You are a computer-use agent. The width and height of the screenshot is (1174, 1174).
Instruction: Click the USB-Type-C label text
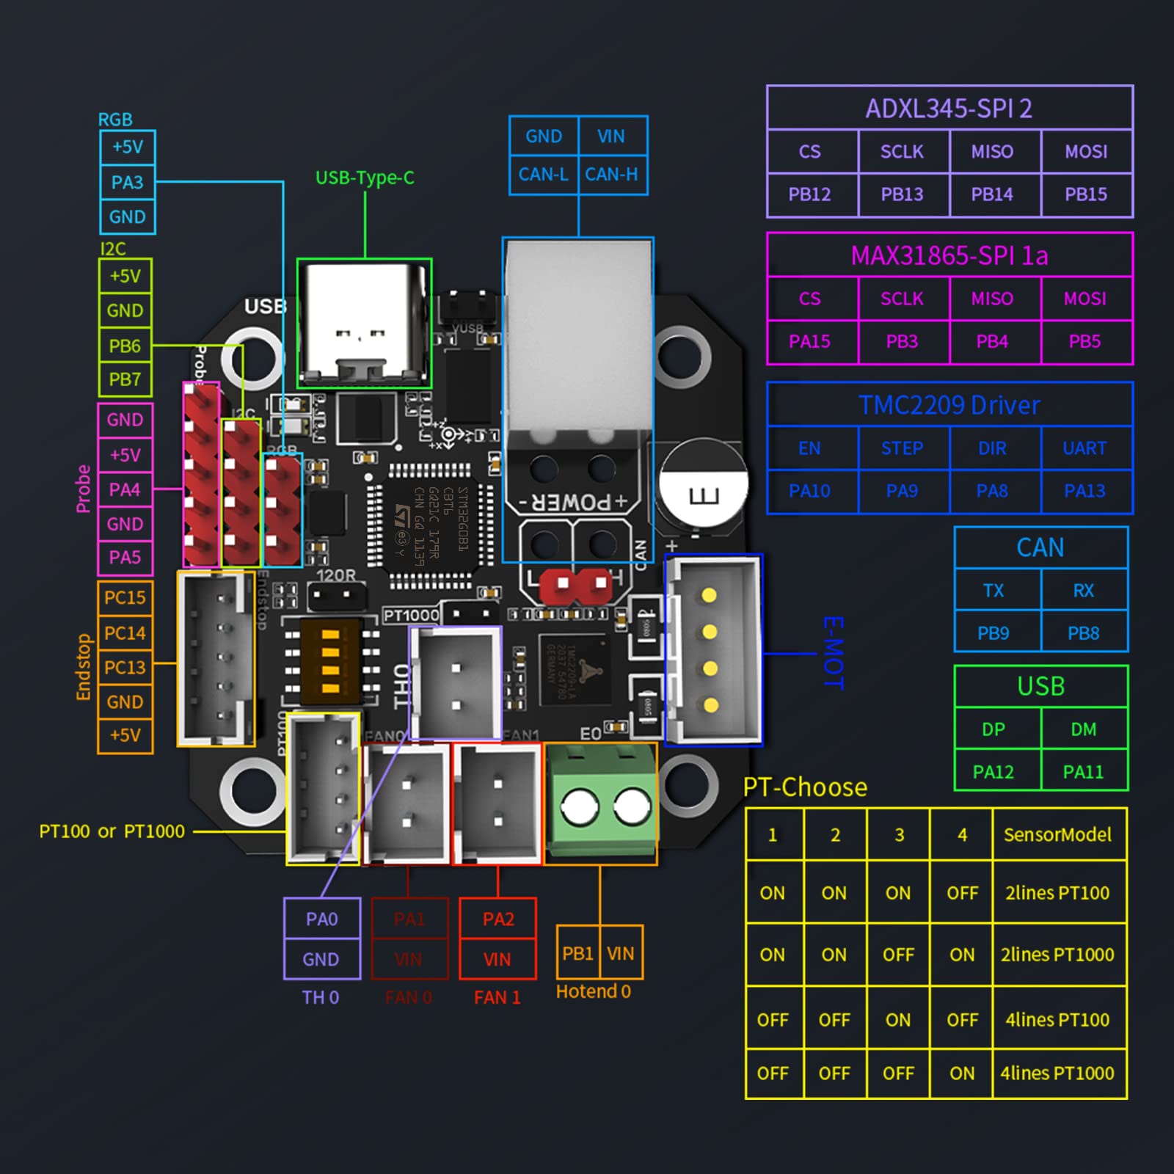pyautogui.click(x=365, y=178)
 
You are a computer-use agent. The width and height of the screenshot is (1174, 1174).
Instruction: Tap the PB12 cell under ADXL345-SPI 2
pyautogui.click(x=809, y=194)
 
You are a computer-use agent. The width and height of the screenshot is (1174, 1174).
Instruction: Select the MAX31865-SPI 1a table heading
pyautogui.click(x=949, y=255)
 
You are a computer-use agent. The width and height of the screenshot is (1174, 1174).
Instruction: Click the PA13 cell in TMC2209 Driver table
pyautogui.click(x=1084, y=491)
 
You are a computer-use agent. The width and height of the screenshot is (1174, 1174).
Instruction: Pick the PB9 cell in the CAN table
pyautogui.click(x=993, y=632)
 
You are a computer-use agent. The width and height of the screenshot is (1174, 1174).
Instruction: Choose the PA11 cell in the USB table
pyautogui.click(x=1083, y=772)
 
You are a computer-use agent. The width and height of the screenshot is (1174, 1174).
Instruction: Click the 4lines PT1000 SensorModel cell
pyautogui.click(x=1057, y=1073)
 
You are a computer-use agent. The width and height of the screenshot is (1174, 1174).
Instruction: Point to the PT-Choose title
pyautogui.click(x=805, y=787)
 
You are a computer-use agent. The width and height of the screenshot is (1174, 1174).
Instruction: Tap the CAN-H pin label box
pyautogui.click(x=611, y=175)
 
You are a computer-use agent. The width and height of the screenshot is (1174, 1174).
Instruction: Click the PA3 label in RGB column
pyautogui.click(x=127, y=182)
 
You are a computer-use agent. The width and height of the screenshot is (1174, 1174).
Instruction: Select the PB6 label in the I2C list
pyautogui.click(x=125, y=346)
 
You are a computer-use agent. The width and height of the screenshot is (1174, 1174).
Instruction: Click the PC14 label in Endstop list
pyautogui.click(x=125, y=632)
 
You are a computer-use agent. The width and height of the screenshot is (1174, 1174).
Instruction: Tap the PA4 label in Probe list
pyautogui.click(x=125, y=489)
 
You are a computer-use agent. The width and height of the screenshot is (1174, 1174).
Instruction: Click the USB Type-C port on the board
pyautogui.click(x=364, y=323)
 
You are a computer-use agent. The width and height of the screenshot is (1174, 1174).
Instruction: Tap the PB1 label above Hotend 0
pyautogui.click(x=577, y=953)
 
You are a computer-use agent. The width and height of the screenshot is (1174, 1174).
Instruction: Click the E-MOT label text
pyautogui.click(x=834, y=653)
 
